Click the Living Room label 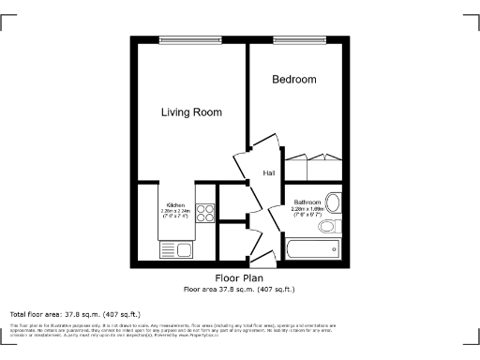[x=191, y=112]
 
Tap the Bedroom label [x=293, y=80]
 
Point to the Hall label [x=268, y=173]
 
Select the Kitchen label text [x=175, y=205]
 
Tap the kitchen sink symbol [x=175, y=248]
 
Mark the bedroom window [x=299, y=39]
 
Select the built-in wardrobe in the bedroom [x=312, y=160]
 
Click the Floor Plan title [x=239, y=278]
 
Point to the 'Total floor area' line [x=75, y=313]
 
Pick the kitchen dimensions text [x=175, y=214]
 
